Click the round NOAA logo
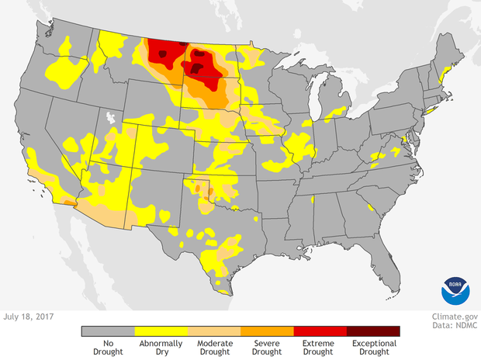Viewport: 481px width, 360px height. pyautogui.click(x=455, y=289)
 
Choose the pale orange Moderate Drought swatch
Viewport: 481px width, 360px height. pyautogui.click(x=214, y=331)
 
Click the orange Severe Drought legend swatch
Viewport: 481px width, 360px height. pyautogui.click(x=267, y=331)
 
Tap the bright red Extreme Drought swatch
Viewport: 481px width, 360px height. pyautogui.click(x=320, y=331)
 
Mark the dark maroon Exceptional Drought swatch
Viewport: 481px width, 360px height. pyautogui.click(x=373, y=331)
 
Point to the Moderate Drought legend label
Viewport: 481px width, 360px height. pyautogui.click(x=214, y=347)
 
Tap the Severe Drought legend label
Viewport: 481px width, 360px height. pyautogui.click(x=267, y=347)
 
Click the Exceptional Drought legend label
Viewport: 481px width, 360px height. pyautogui.click(x=373, y=347)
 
